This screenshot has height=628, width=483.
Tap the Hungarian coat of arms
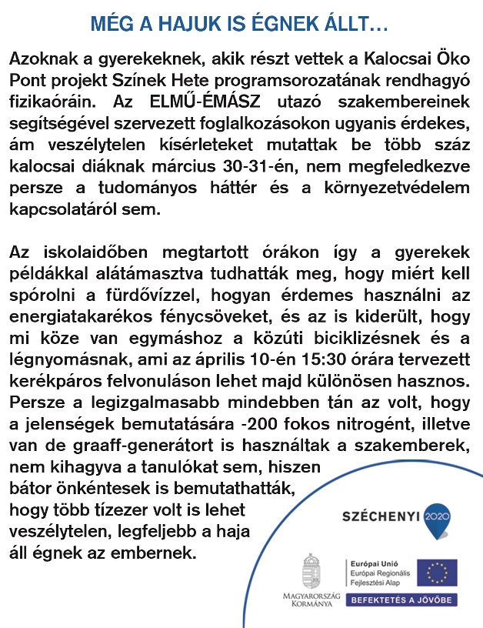coord(311,572)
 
